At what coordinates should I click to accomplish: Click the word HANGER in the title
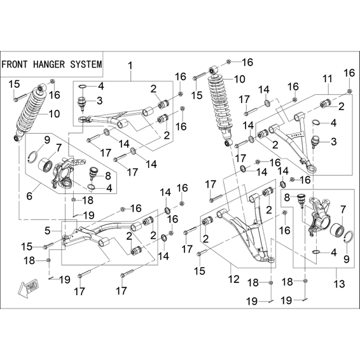point(49,64)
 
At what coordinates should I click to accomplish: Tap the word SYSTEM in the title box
point(86,64)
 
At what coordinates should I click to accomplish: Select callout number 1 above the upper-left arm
point(130,66)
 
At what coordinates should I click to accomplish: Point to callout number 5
point(47,230)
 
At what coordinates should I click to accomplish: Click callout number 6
point(29,196)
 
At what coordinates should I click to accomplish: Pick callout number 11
point(328,79)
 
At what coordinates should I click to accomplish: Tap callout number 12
point(234,279)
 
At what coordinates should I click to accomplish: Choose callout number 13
point(340,284)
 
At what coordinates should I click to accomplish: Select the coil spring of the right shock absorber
point(220,104)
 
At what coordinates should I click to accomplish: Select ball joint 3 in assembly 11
point(315,141)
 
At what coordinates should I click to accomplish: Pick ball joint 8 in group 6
point(93,173)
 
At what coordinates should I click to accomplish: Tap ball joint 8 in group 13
point(301,199)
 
